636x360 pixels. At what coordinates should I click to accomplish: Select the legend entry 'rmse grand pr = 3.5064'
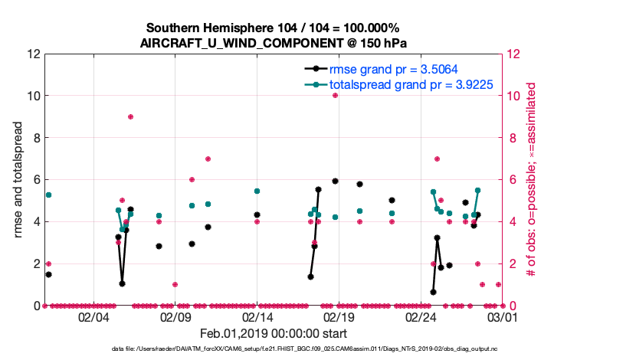coord(388,69)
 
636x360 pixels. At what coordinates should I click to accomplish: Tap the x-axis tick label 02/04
coord(93,316)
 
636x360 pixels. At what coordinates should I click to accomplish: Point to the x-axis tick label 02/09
coord(175,316)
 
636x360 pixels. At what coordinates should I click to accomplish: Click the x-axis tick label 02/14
coord(257,316)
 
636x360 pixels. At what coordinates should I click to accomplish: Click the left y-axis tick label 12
coord(32,54)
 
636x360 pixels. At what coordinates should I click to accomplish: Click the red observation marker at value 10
coord(335,96)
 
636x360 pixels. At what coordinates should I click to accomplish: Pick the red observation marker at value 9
coord(130,116)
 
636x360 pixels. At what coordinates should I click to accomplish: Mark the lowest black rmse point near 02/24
coord(433,292)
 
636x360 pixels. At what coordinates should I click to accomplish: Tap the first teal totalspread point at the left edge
coord(48,195)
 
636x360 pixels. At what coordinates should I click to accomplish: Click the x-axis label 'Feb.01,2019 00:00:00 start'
coord(274,334)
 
